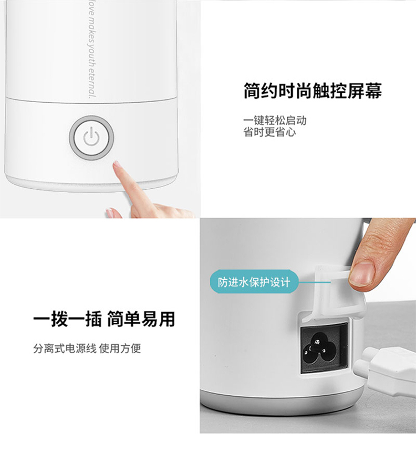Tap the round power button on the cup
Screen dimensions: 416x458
click(x=92, y=138)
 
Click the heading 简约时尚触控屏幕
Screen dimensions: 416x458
click(x=312, y=91)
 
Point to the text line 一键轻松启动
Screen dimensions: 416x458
click(x=275, y=120)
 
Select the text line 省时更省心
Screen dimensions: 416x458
click(x=270, y=132)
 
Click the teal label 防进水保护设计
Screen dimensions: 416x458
click(x=254, y=282)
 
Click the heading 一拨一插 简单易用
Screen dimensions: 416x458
click(x=104, y=319)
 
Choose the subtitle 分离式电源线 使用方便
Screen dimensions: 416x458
click(x=87, y=349)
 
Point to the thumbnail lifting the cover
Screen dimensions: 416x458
click(x=362, y=274)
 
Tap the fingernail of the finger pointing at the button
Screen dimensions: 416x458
click(x=117, y=164)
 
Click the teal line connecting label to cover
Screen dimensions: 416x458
click(x=314, y=282)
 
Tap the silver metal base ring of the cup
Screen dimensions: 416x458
click(x=282, y=404)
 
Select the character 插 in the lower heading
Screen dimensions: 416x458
click(x=93, y=319)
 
